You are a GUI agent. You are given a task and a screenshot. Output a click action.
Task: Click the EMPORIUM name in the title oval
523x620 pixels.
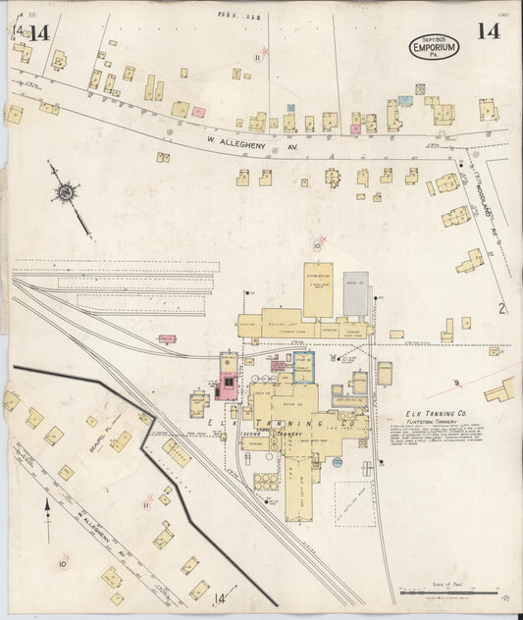point(436,46)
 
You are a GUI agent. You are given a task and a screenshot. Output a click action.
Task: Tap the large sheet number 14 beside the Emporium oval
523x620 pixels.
point(488,30)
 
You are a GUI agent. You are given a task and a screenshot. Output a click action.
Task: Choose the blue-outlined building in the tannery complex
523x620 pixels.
point(304,367)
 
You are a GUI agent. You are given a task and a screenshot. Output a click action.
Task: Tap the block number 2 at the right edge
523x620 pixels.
point(502,310)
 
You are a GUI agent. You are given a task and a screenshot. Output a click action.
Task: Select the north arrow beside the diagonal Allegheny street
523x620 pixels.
point(47,510)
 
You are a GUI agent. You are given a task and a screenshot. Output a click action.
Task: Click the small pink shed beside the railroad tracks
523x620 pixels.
point(167,338)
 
